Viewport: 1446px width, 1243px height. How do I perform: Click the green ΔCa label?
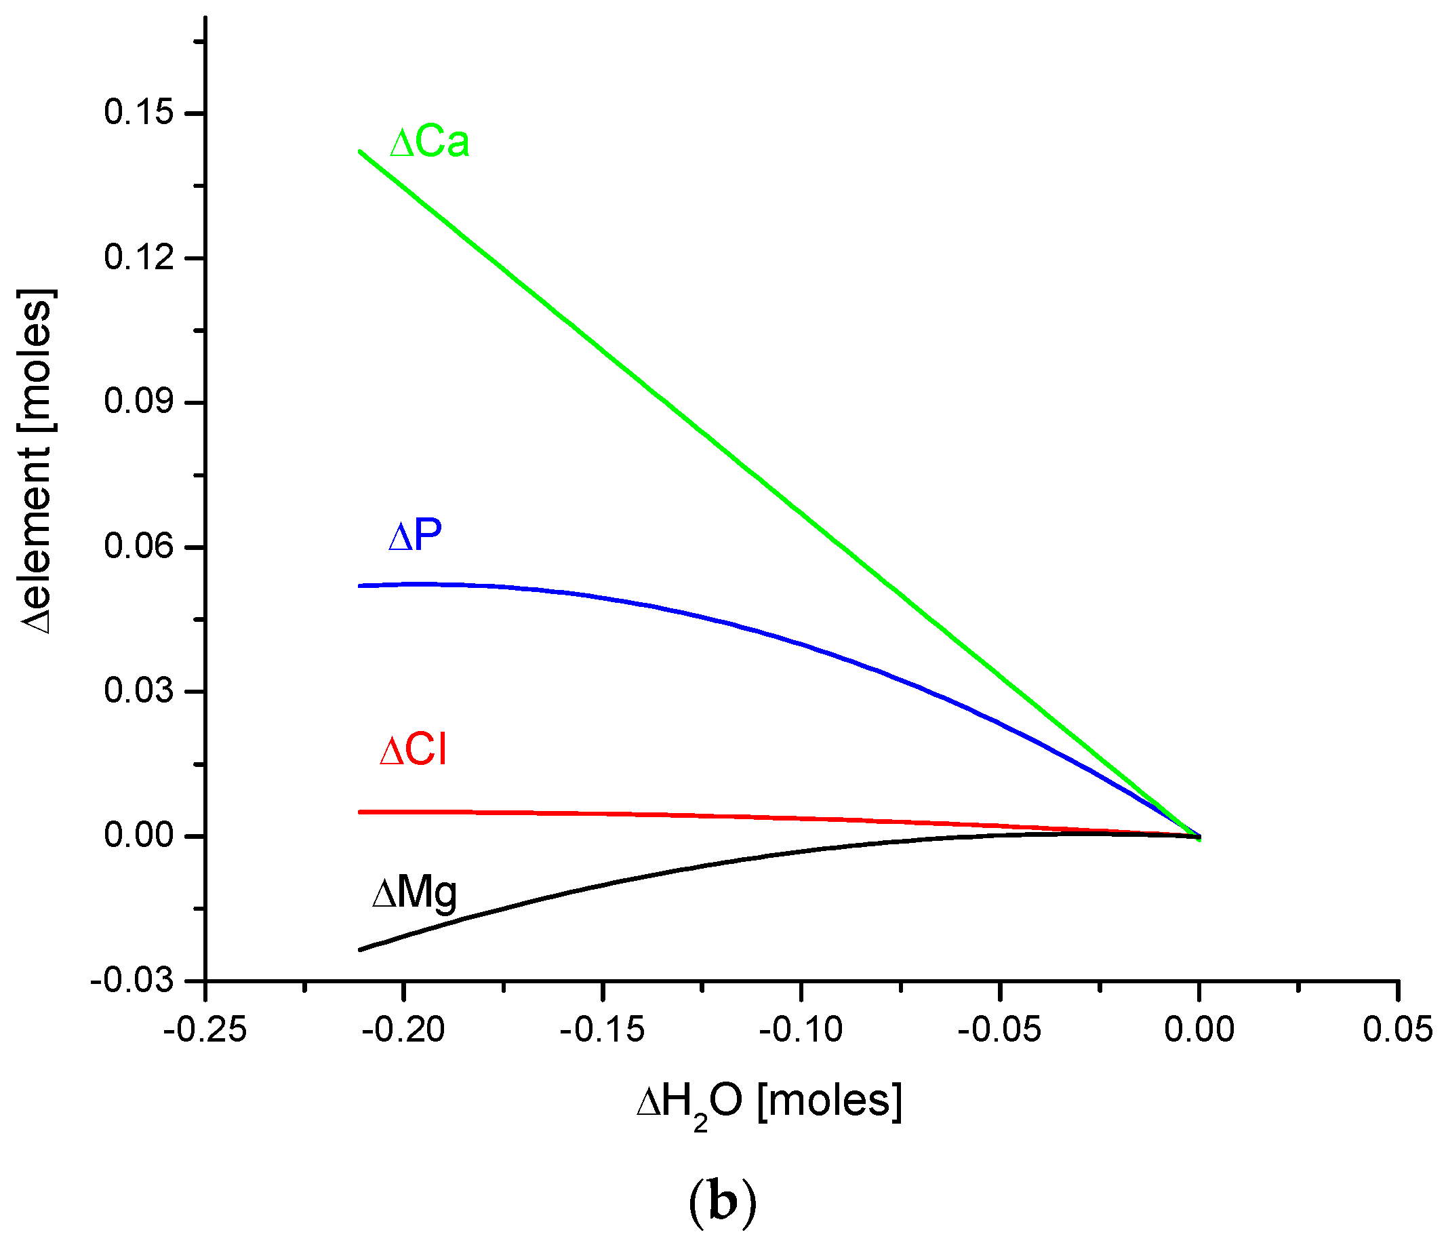pyautogui.click(x=429, y=143)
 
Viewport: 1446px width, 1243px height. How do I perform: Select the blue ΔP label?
pyautogui.click(x=416, y=536)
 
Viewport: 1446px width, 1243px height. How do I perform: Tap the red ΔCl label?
pyautogui.click(x=413, y=751)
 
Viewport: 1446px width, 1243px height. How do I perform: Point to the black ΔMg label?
pyautogui.click(x=414, y=892)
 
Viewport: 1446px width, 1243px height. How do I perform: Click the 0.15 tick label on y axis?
pyautogui.click(x=138, y=113)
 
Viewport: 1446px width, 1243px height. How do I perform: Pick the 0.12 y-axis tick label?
pyautogui.click(x=138, y=258)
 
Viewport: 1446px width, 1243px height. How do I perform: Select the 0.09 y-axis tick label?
pyautogui.click(x=138, y=402)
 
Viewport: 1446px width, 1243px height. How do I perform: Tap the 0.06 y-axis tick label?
pyautogui.click(x=138, y=547)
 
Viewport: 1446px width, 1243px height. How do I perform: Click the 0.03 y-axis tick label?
pyautogui.click(x=138, y=691)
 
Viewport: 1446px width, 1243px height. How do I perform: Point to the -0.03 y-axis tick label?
pyautogui.click(x=132, y=981)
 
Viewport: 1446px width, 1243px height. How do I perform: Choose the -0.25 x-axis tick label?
pyautogui.click(x=205, y=1030)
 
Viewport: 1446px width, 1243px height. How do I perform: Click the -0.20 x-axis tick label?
pyautogui.click(x=403, y=1030)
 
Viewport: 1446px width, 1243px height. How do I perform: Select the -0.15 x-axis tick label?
pyautogui.click(x=603, y=1030)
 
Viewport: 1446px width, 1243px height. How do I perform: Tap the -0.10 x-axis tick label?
pyautogui.click(x=801, y=1030)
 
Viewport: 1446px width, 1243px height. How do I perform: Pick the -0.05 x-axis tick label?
pyautogui.click(x=999, y=1030)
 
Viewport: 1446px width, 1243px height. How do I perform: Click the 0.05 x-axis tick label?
pyautogui.click(x=1397, y=1030)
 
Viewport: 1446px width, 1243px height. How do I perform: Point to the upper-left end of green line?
pyautogui.click(x=360, y=151)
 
